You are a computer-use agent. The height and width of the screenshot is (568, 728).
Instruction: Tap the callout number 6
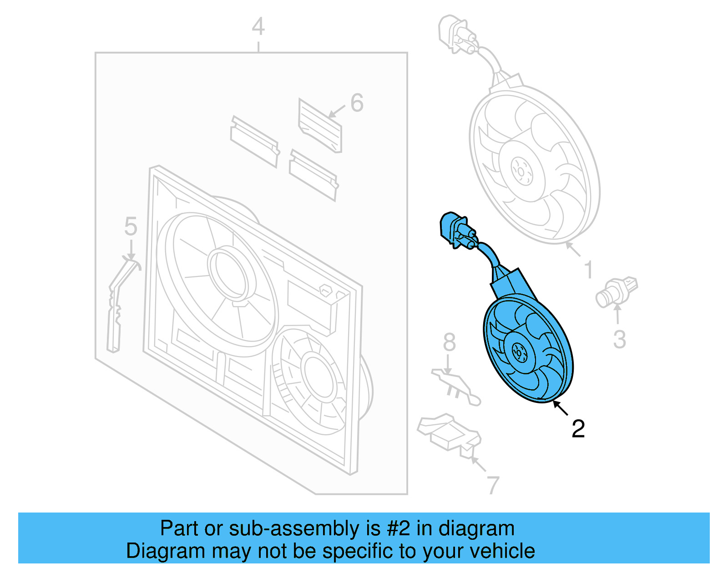tap(357, 103)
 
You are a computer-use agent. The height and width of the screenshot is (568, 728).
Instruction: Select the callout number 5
tap(131, 226)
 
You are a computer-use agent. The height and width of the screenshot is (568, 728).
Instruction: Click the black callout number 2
tap(578, 428)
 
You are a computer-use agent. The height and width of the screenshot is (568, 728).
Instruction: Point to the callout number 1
tap(588, 269)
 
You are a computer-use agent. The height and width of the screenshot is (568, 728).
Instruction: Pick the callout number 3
tap(619, 339)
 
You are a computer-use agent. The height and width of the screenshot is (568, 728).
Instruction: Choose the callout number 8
tap(449, 342)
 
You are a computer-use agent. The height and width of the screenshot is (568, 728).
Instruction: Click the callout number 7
tap(493, 485)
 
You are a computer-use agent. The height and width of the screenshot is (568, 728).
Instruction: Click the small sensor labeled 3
tap(616, 292)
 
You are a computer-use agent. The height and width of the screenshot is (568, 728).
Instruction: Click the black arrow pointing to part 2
tap(561, 408)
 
